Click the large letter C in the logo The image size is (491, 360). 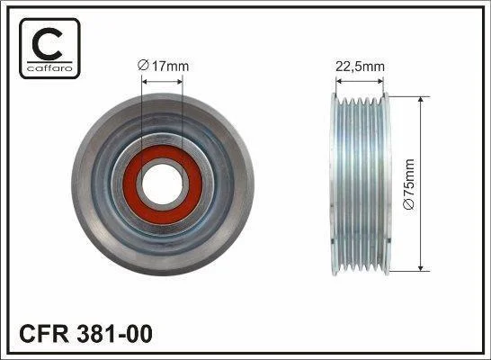(x=47, y=43)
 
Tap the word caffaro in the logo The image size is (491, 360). (x=49, y=68)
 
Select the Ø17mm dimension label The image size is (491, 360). (x=163, y=66)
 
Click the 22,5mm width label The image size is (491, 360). (x=360, y=66)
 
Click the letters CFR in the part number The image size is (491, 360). (x=44, y=334)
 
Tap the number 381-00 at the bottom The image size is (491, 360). (x=114, y=334)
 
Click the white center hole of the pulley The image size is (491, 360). (x=162, y=184)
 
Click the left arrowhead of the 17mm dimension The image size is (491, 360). (x=145, y=82)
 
